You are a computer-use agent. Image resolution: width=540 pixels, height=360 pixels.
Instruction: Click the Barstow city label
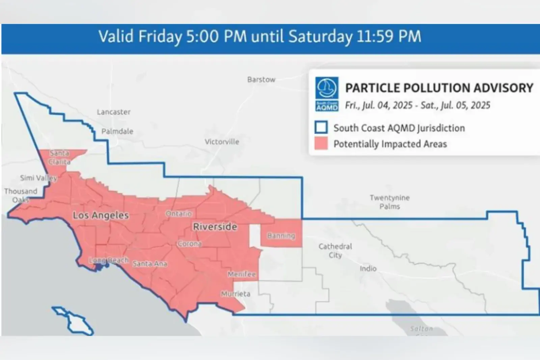click(x=261, y=80)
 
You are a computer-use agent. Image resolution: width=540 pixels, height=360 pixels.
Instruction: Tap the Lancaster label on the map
click(x=113, y=112)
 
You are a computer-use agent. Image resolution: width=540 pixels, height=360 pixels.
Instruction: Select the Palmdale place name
click(x=117, y=131)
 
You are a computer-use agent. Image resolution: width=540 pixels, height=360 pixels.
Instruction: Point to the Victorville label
click(x=222, y=142)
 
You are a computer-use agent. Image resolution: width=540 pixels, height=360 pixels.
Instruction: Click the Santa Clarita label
click(x=59, y=157)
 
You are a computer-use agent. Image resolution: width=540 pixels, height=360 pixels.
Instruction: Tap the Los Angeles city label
click(x=101, y=215)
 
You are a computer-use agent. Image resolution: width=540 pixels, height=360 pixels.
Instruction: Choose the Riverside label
click(x=215, y=227)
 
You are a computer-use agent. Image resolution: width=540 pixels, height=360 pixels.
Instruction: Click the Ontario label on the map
click(x=179, y=214)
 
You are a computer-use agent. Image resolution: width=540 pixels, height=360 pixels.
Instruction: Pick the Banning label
click(x=281, y=236)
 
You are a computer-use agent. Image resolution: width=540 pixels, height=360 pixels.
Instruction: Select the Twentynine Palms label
click(x=389, y=202)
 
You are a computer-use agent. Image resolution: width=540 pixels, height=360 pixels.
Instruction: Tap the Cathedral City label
click(x=335, y=251)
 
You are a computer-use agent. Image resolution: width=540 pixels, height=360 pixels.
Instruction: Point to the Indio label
click(x=368, y=268)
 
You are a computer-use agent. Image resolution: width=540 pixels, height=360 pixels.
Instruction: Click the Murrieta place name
click(x=236, y=294)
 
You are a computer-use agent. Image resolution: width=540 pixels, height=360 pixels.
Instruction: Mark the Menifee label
click(x=242, y=274)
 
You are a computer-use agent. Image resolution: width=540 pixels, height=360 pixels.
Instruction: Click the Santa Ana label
click(x=150, y=264)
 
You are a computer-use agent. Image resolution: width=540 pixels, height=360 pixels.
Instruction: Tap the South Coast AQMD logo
click(x=327, y=94)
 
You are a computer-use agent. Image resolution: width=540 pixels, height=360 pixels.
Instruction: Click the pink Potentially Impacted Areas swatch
click(x=321, y=144)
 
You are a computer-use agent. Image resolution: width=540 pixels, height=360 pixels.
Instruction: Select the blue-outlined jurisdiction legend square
click(x=321, y=128)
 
